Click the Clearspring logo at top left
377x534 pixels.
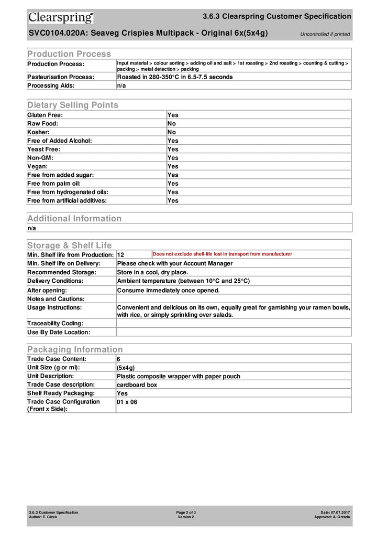click(x=61, y=18)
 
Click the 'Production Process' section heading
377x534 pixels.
click(x=69, y=54)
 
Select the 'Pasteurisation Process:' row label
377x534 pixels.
click(x=61, y=77)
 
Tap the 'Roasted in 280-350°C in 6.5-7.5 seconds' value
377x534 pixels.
click(x=175, y=77)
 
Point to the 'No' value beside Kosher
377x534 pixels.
click(x=172, y=132)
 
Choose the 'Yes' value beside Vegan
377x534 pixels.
click(x=173, y=166)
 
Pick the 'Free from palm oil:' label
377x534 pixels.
click(x=54, y=184)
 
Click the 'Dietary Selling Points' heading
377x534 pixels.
click(x=73, y=105)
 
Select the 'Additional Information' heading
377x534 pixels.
click(x=74, y=219)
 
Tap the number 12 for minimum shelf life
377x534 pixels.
click(x=120, y=255)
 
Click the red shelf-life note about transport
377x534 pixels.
click(x=222, y=254)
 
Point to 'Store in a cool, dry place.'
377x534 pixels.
click(x=152, y=272)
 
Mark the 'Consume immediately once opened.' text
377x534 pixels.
click(x=168, y=290)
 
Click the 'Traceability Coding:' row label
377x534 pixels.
click(x=55, y=324)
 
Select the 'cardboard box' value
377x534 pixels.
click(x=137, y=385)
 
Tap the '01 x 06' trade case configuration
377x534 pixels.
click(x=127, y=402)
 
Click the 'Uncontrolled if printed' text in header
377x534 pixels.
click(x=325, y=34)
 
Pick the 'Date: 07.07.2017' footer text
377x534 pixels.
click(x=335, y=512)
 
